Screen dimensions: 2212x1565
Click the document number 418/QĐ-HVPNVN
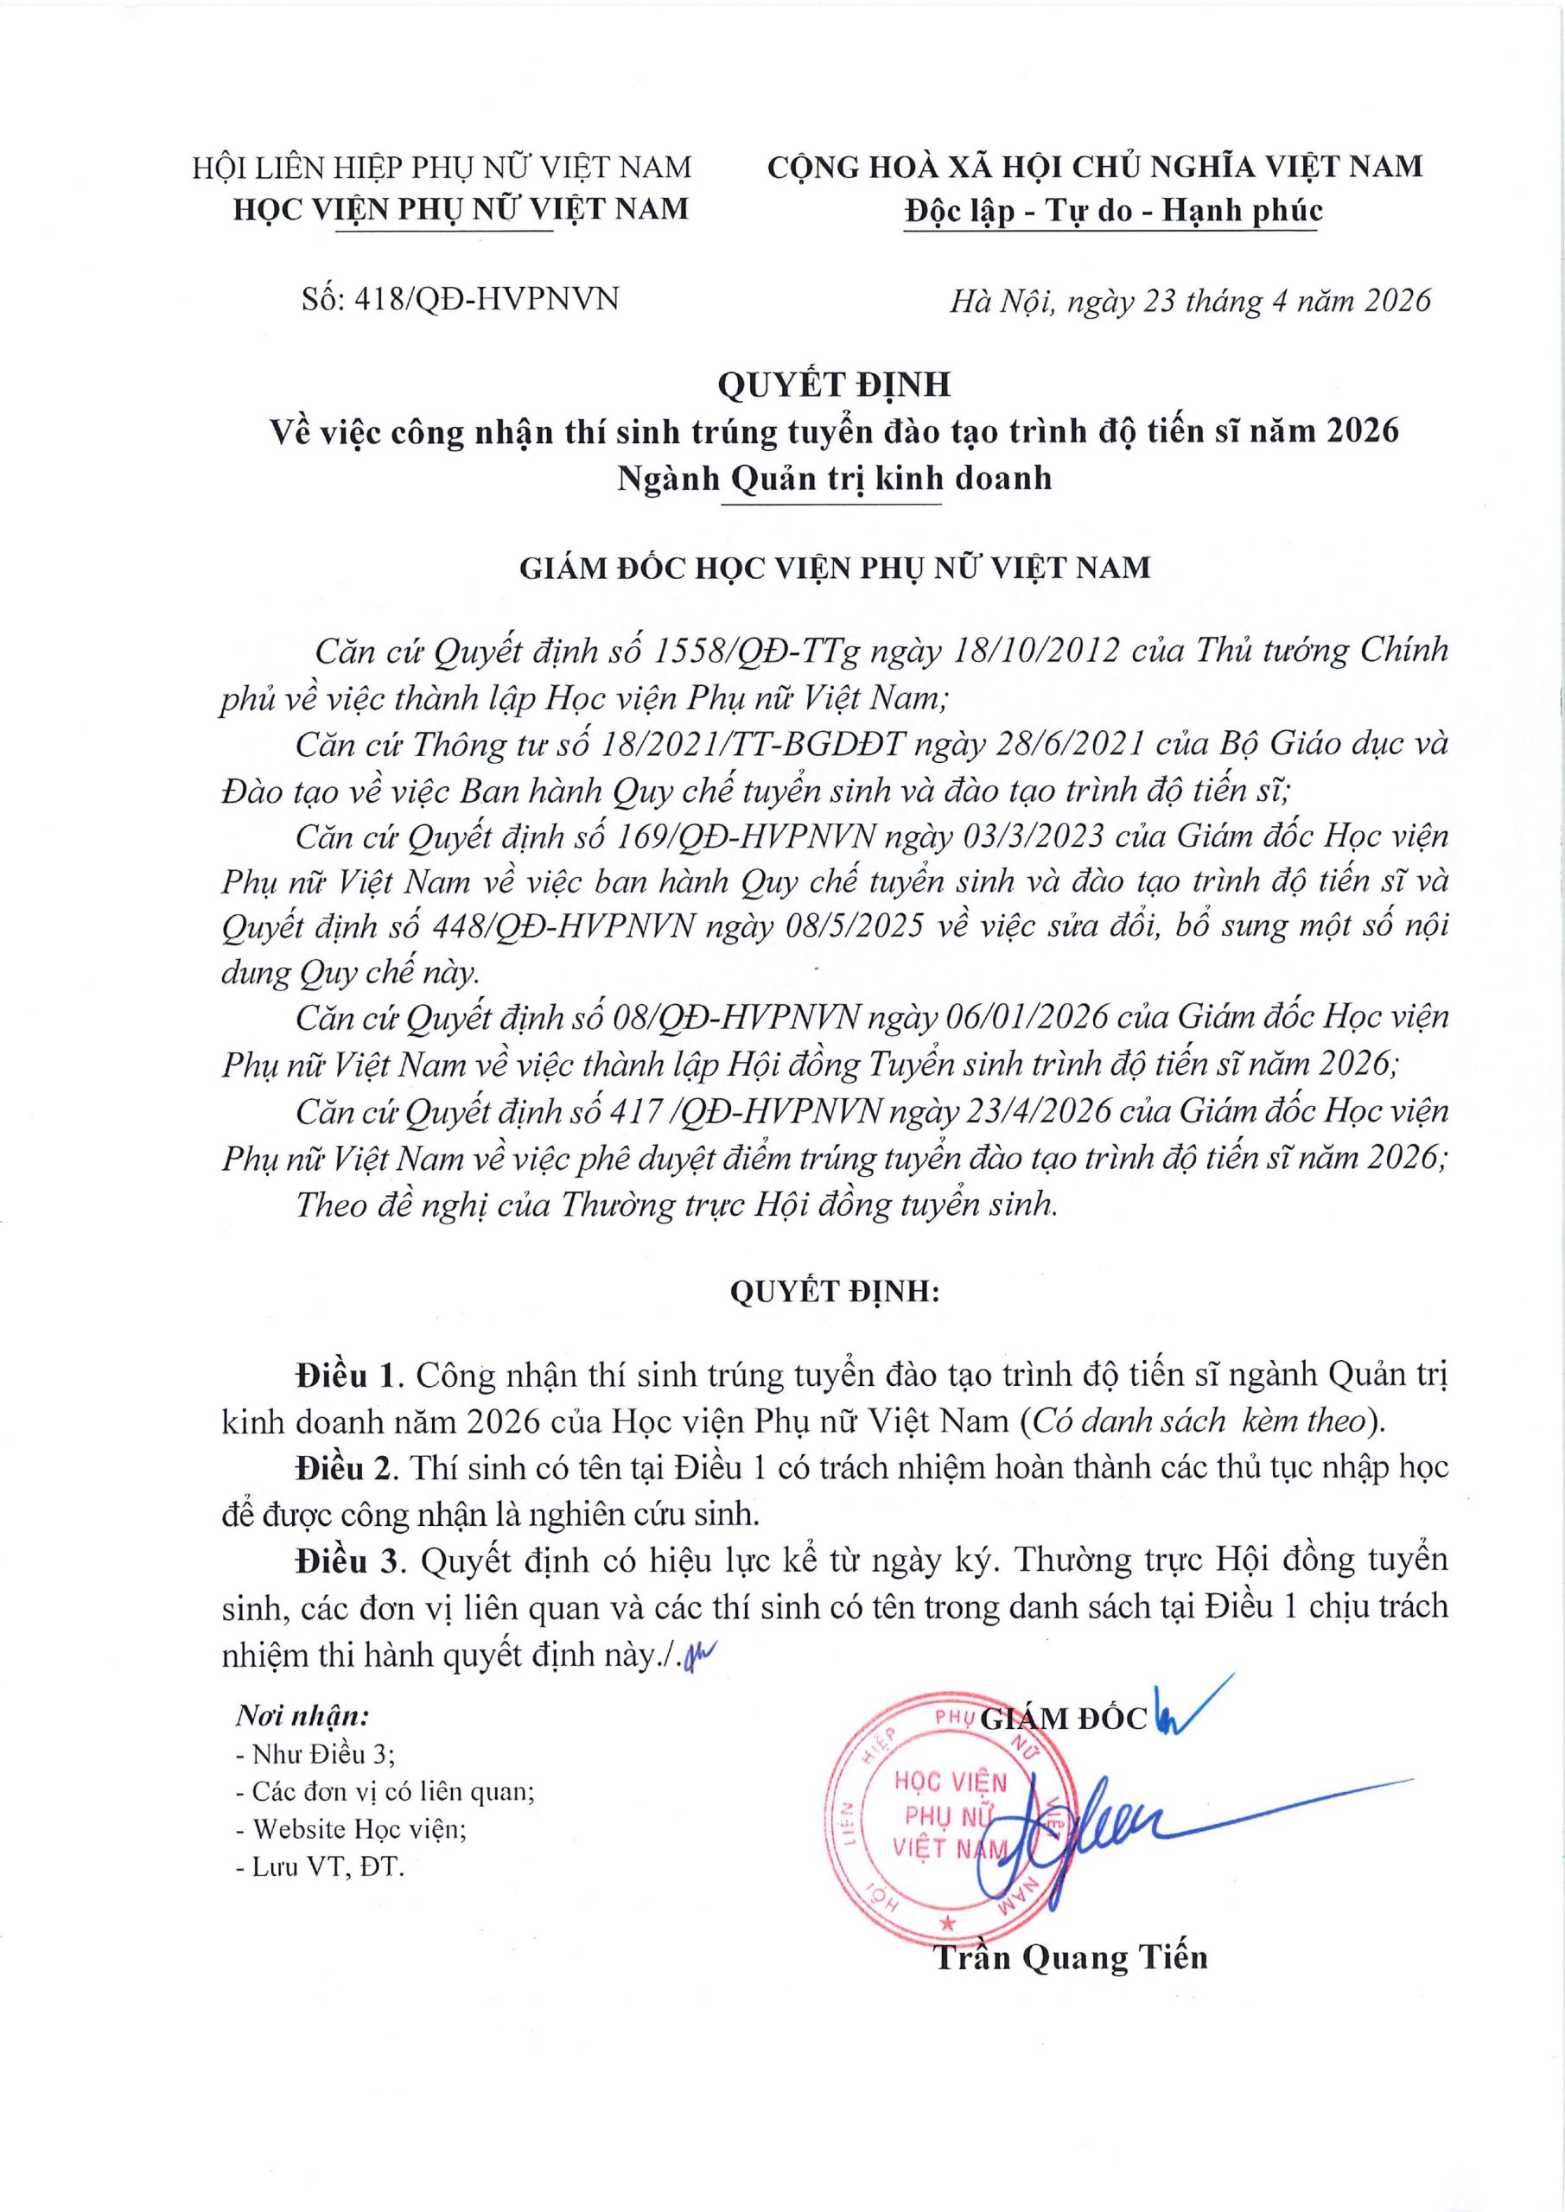487,300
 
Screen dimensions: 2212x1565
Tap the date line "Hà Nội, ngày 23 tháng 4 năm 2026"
1190,302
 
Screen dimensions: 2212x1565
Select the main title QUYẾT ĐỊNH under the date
835,385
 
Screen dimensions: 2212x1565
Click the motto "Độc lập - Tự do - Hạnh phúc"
1113,211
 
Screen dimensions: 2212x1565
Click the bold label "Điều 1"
345,1375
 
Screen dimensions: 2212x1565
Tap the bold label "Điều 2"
345,1467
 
